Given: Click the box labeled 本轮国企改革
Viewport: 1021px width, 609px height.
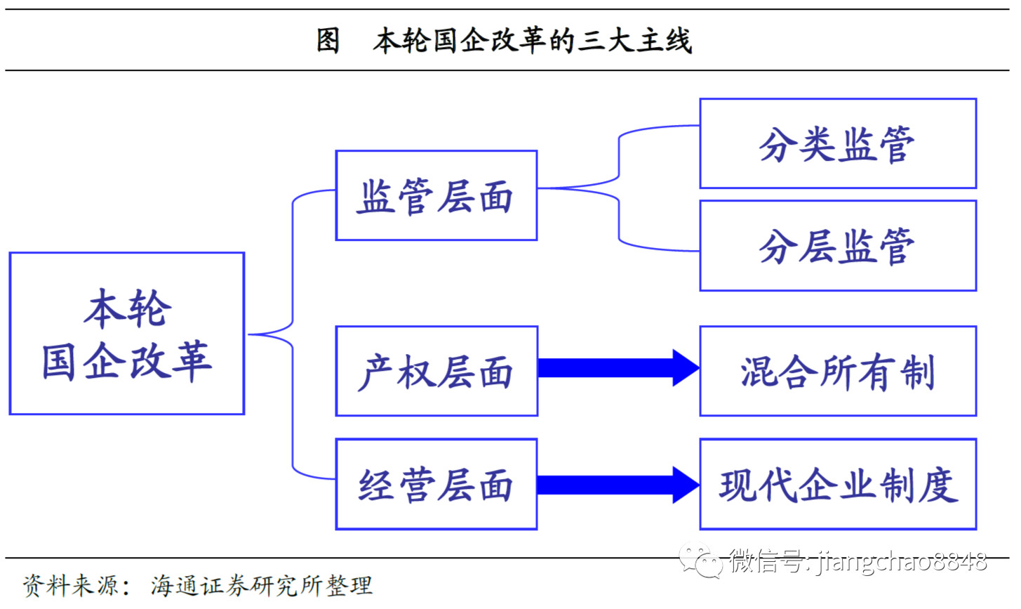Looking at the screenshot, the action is (127, 334).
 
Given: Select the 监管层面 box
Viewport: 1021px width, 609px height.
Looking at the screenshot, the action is (436, 195).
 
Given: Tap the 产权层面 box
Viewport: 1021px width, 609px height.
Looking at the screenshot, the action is (436, 371).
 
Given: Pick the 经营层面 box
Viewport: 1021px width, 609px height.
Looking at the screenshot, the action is (436, 484).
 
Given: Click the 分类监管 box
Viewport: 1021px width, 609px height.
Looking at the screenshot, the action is (838, 143).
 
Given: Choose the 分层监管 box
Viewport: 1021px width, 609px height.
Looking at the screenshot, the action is (838, 245).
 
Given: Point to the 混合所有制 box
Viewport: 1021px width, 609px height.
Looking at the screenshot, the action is (838, 371).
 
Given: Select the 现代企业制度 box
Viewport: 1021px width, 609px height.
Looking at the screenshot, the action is (838, 484).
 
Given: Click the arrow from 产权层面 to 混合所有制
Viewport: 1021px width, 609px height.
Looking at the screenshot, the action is (618, 367).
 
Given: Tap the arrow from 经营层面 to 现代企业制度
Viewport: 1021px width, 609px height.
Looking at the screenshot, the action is (618, 485).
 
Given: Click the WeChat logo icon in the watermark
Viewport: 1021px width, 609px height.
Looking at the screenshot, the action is (700, 561).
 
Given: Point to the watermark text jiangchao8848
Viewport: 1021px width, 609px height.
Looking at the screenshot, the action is (902, 561).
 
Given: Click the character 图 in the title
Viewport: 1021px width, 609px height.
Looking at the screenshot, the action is (328, 41).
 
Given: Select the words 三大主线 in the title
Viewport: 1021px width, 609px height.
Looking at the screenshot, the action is (634, 41).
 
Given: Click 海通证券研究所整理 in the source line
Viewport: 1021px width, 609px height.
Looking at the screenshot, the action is (262, 585).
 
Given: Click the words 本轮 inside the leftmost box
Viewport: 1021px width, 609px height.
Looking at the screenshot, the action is (128, 309).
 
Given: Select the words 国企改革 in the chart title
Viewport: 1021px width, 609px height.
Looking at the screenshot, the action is (490, 41).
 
